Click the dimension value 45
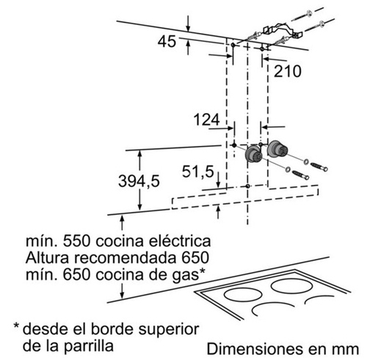click(x=167, y=41)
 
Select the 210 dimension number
click(x=288, y=71)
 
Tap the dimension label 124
click(x=207, y=120)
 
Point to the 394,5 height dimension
click(x=139, y=181)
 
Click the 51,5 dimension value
click(x=197, y=172)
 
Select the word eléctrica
click(x=180, y=241)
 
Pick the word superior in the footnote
click(x=169, y=330)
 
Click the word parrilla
click(x=89, y=346)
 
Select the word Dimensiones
click(x=254, y=349)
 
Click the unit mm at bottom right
click(x=346, y=350)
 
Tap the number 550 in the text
click(x=77, y=241)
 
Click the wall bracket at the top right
click(x=283, y=30)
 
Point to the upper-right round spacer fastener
click(x=277, y=149)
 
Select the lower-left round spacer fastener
click(x=254, y=155)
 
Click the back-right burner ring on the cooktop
click(x=292, y=286)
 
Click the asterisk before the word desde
click(x=16, y=326)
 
